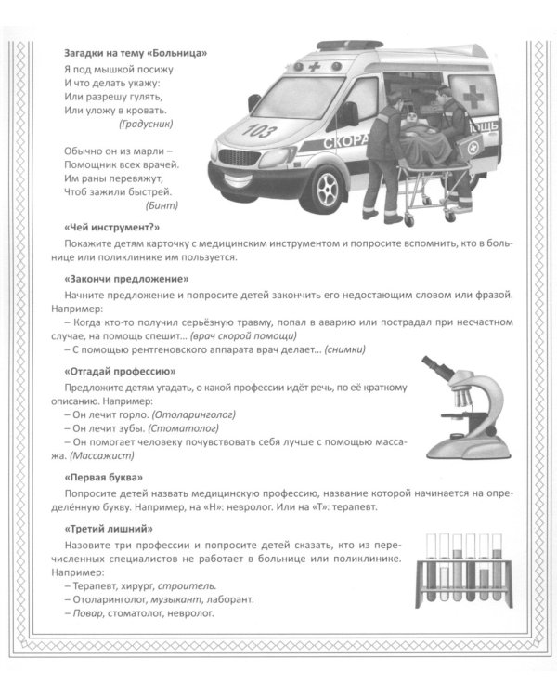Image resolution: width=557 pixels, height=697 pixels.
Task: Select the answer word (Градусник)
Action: coord(147,124)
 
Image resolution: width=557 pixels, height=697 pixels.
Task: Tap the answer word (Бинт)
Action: coord(162,205)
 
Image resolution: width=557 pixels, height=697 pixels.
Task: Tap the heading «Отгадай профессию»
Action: coord(121,370)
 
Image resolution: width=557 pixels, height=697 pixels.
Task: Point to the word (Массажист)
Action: coord(102,455)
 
